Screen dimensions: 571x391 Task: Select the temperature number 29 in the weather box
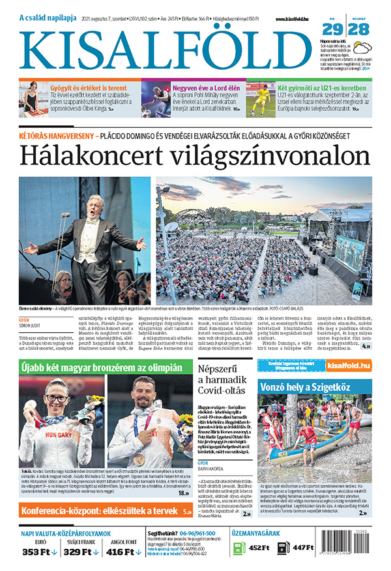tap(332, 30)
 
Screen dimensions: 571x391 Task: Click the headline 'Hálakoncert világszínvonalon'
tap(194, 157)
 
